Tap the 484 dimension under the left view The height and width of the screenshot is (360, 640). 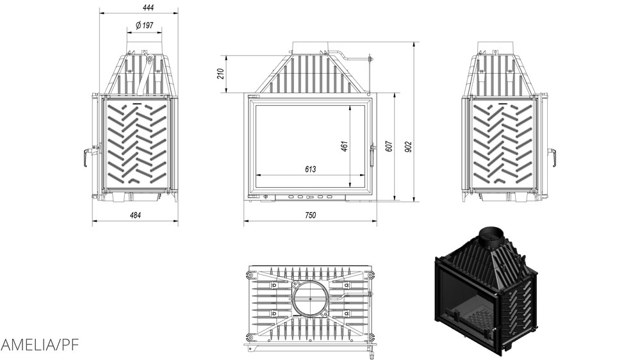click(135, 215)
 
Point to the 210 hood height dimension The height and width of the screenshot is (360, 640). click(220, 74)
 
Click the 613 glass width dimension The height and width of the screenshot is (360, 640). click(310, 169)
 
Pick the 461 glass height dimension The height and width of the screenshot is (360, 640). click(344, 146)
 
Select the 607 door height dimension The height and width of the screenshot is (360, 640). click(388, 146)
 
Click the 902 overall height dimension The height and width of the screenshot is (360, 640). click(408, 146)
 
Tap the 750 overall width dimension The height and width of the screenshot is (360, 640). click(310, 216)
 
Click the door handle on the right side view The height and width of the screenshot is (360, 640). click(550, 156)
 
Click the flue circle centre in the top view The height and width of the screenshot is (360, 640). click(309, 298)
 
